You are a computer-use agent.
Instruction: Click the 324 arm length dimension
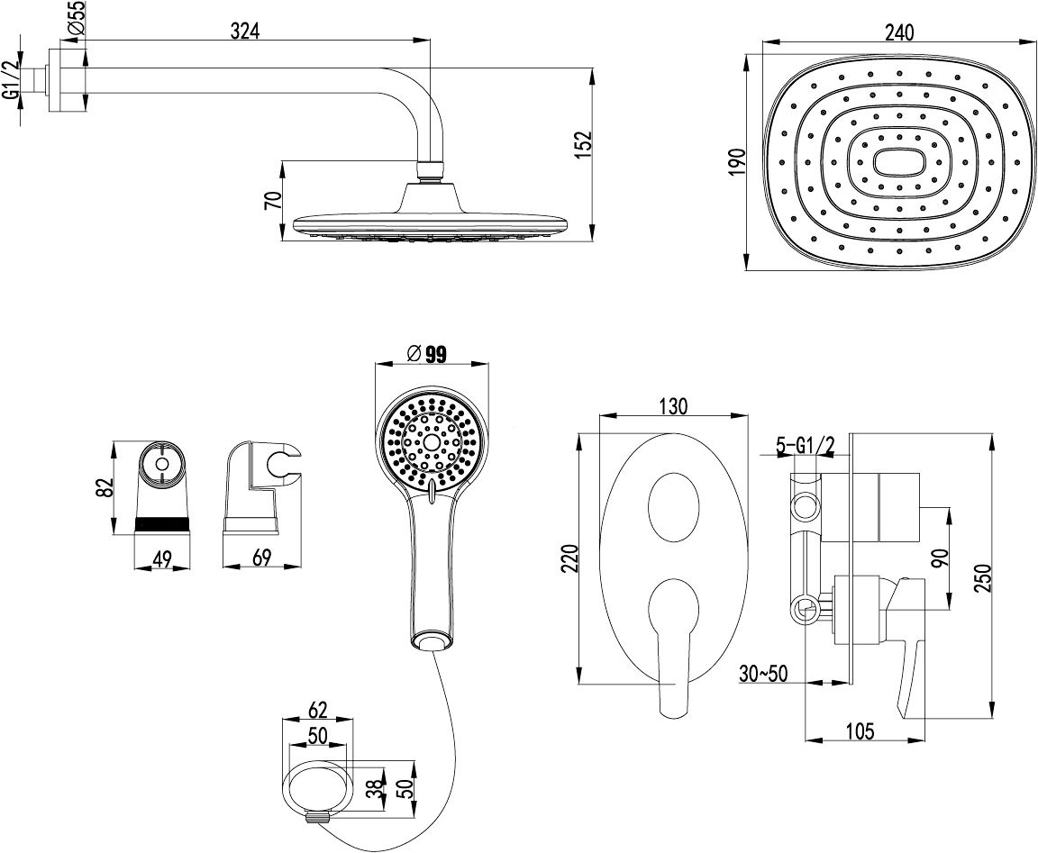245,31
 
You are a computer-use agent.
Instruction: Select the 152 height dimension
583,145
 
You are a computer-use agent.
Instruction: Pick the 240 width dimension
898,33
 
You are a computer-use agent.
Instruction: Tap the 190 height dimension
737,164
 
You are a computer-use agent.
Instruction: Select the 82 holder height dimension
105,487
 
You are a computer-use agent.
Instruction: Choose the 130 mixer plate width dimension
672,406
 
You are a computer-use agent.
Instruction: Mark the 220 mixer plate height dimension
567,558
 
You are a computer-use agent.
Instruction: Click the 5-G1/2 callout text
806,445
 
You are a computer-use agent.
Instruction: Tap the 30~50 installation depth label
761,672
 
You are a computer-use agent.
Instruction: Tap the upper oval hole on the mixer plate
672,507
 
